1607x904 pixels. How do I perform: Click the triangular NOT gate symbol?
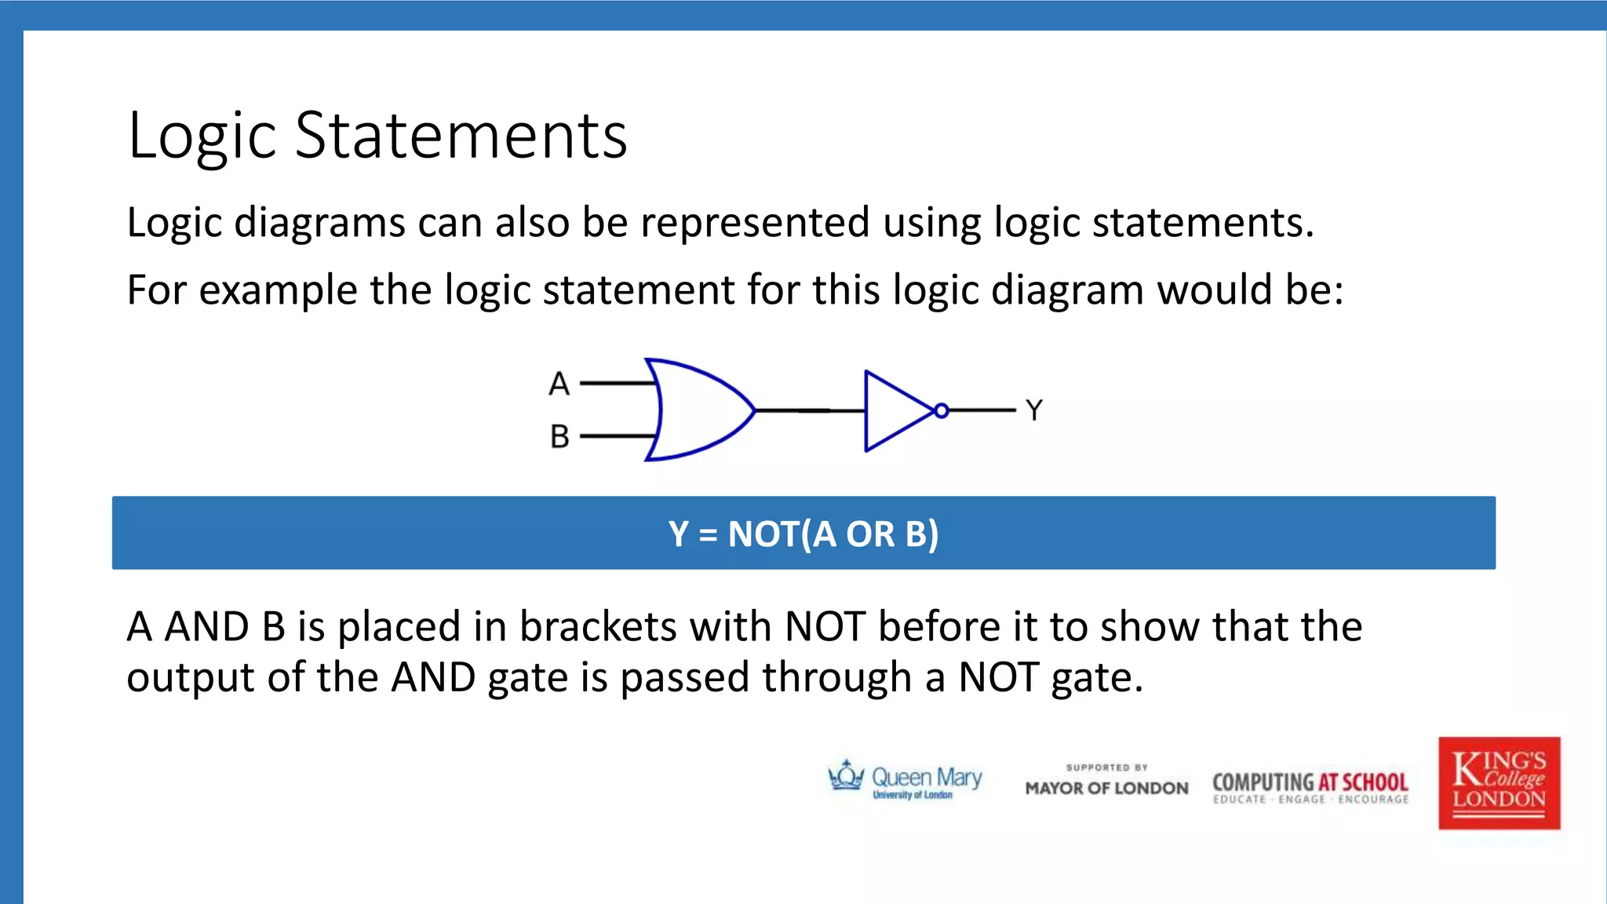click(895, 410)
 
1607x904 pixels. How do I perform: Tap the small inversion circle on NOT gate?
click(942, 410)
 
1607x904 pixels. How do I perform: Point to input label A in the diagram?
click(559, 384)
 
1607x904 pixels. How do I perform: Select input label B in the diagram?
click(559, 436)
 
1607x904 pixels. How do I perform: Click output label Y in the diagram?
click(1034, 410)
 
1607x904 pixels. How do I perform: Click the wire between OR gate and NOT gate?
click(808, 410)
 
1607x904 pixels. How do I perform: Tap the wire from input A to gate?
click(617, 384)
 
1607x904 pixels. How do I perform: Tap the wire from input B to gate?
click(617, 436)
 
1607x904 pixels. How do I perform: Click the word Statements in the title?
click(461, 136)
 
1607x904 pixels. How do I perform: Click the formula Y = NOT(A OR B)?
click(803, 534)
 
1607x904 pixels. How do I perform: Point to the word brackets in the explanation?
click(598, 627)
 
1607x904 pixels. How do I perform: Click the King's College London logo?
click(1499, 782)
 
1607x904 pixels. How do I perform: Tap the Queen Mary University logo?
click(905, 780)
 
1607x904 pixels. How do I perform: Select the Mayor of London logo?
click(1106, 781)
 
